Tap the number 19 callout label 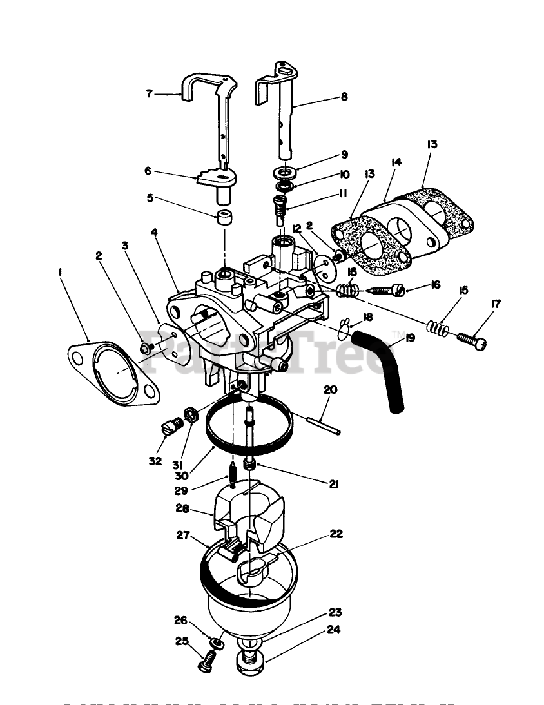point(411,337)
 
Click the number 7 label point(149,93)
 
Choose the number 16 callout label point(436,284)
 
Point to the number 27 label point(184,534)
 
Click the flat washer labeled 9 point(283,173)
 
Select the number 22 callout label point(336,534)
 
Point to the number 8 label point(344,97)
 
